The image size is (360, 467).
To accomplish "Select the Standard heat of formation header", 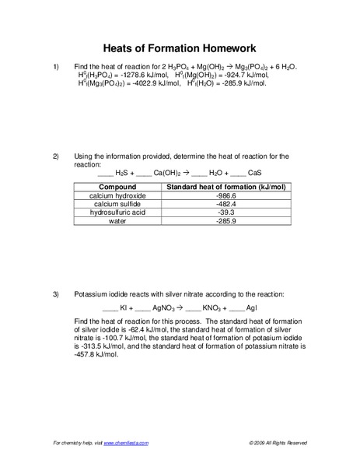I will coord(225,188).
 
